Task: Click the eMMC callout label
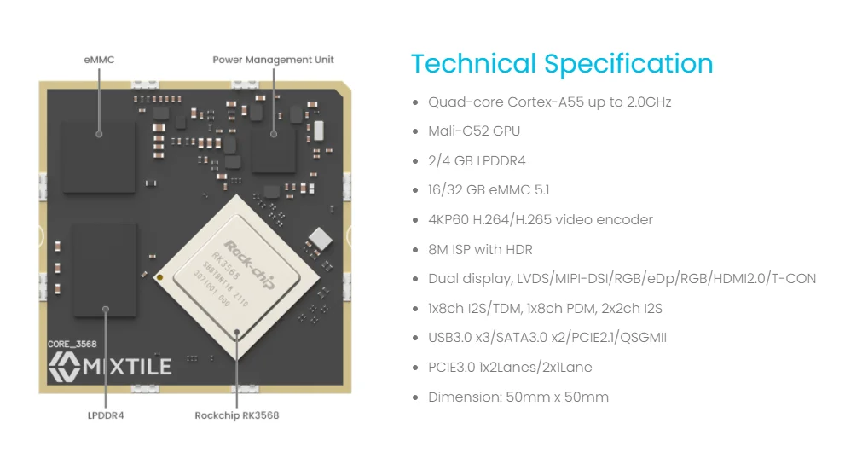coord(99,60)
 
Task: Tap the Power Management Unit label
coord(273,60)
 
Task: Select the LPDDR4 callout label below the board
coord(106,415)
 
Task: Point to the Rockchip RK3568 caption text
coord(236,415)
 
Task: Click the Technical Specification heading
coord(561,64)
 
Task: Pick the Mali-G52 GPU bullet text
coord(473,131)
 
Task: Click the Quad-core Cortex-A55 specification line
coord(549,102)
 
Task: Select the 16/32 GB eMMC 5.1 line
coord(489,190)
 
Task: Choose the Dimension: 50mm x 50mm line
coord(518,397)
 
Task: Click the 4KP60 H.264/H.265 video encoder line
coord(540,219)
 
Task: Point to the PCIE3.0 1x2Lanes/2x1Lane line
coord(510,368)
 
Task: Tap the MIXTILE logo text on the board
coord(111,367)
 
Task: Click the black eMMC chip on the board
coord(99,155)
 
